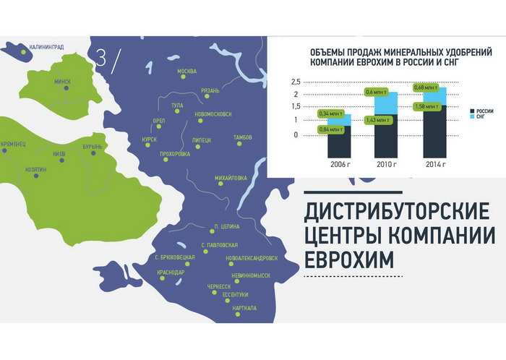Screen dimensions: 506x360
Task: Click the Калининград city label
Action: [46, 47]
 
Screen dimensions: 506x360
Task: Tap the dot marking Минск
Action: [67, 87]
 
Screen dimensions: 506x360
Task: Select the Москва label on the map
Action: [186, 72]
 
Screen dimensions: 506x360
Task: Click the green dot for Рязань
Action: [207, 96]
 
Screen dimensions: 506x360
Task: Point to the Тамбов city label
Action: [243, 137]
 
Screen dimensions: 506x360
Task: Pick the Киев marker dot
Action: [61, 160]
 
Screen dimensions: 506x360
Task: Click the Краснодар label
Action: [171, 273]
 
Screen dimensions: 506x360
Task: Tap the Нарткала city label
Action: [244, 308]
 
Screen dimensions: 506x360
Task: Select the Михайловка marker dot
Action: [220, 184]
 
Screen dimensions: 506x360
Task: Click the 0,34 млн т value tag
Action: [330, 113]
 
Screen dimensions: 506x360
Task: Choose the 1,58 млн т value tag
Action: [428, 107]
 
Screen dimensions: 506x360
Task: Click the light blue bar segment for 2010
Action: [386, 103]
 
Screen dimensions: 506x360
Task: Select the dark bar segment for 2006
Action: [339, 142]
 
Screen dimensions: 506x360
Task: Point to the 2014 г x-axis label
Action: [436, 165]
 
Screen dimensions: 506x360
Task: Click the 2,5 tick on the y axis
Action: [296, 82]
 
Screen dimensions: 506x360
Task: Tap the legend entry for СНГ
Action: [478, 116]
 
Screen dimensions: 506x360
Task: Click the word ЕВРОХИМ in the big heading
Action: [349, 260]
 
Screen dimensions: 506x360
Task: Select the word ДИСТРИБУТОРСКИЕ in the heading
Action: [398, 212]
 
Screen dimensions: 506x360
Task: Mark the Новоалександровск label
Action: [252, 258]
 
